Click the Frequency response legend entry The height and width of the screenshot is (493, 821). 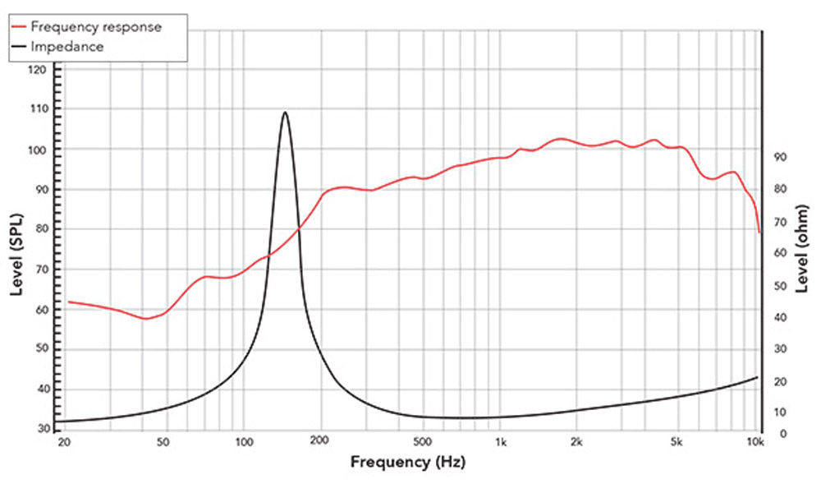[x=96, y=26]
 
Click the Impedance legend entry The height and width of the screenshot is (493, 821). [x=67, y=47]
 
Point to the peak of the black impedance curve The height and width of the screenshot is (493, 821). [x=285, y=113]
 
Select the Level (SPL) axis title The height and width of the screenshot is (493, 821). [x=16, y=254]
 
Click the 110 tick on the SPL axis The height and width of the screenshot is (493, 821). [x=38, y=108]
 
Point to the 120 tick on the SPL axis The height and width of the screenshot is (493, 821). [x=38, y=70]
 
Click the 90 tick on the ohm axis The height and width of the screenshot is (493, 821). [x=780, y=157]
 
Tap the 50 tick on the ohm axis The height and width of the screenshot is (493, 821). [x=780, y=286]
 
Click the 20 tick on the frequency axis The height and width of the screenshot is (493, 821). [x=65, y=442]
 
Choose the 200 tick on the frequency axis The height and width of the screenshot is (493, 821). [x=320, y=442]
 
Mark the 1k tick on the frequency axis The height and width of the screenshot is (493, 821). [x=501, y=442]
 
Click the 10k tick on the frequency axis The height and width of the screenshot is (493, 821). [x=756, y=442]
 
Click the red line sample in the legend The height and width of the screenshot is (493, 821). [x=18, y=26]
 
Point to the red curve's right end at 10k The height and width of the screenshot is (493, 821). [x=759, y=232]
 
